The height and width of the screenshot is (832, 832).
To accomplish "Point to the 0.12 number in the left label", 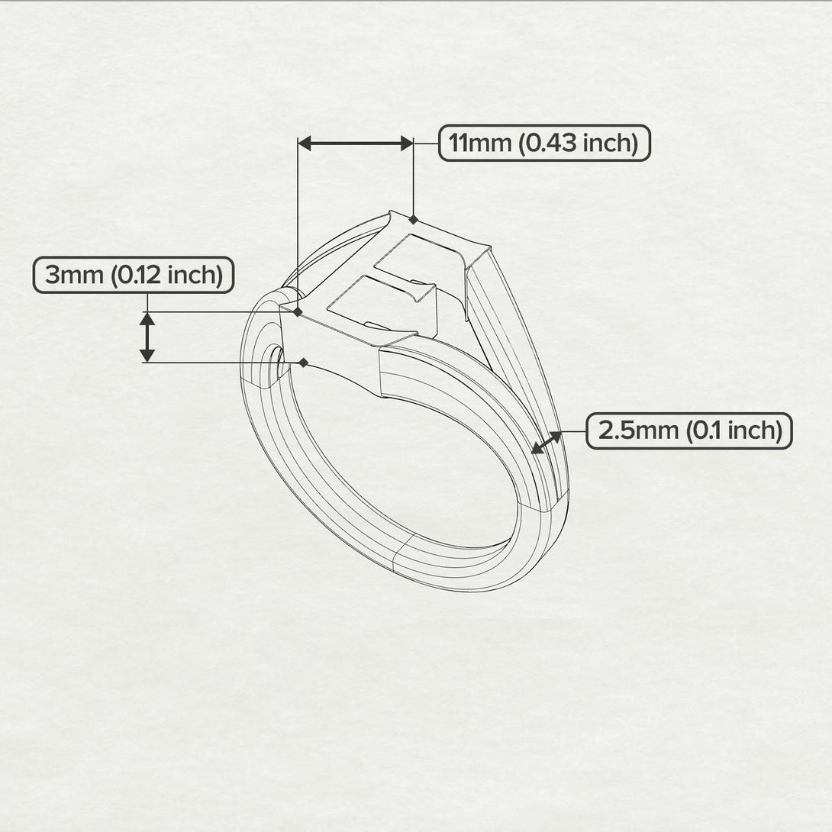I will (x=137, y=275).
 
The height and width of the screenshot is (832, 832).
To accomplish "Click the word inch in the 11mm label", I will (x=605, y=143).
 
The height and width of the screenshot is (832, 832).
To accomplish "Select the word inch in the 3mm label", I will (x=194, y=275).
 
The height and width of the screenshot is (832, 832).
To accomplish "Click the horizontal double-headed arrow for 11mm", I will (x=355, y=143).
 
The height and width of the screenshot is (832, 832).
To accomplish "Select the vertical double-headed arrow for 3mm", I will (x=147, y=337).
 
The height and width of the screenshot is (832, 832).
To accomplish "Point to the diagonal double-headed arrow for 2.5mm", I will (x=547, y=443).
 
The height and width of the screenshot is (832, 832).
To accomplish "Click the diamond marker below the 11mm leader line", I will (x=413, y=220).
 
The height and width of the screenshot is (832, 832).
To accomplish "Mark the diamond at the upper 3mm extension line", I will (x=298, y=311).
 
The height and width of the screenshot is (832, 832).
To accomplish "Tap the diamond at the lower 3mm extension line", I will (x=304, y=363).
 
